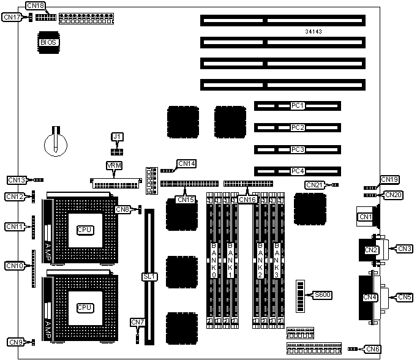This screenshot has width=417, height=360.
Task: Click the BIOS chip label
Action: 48,42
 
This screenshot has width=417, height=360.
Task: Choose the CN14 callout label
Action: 186,163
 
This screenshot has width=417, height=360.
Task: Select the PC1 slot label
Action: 298,106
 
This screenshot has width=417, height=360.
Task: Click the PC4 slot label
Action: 298,171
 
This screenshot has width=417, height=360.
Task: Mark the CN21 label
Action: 314,185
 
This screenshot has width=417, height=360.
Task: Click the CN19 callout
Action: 389,179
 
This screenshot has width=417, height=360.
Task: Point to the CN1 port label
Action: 366,217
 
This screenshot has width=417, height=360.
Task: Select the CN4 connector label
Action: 369,298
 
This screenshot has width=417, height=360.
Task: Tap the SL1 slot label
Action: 149,277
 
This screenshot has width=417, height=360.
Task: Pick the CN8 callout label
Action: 123,209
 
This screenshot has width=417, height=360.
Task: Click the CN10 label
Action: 14,266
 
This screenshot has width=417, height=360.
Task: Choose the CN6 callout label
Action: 372,349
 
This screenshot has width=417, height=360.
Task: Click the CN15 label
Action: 185,199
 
